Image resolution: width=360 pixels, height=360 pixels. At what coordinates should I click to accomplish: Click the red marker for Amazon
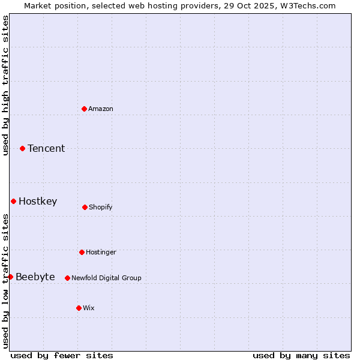(85, 109)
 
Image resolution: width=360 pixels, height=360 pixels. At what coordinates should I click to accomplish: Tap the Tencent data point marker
(23, 148)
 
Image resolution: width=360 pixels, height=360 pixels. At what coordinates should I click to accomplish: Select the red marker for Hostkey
(13, 201)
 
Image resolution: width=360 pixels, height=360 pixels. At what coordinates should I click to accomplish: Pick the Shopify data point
(85, 207)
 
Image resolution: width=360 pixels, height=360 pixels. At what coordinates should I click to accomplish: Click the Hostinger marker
(82, 252)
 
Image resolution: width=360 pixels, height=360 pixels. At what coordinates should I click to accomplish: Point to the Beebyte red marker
(10, 277)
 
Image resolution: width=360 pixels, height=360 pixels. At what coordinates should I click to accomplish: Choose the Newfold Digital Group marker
(67, 278)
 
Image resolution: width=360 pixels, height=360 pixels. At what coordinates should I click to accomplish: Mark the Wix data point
(79, 308)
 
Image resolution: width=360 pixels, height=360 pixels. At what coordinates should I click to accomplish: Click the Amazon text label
(101, 109)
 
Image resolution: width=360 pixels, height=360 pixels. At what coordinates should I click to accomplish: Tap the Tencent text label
(46, 149)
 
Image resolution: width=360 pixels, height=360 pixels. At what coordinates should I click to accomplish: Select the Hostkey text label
(38, 202)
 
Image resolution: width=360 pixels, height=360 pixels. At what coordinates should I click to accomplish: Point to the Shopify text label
(101, 207)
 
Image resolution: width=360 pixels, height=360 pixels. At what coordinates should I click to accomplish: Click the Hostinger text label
(101, 252)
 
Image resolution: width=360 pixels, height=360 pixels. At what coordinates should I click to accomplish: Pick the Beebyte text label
(35, 277)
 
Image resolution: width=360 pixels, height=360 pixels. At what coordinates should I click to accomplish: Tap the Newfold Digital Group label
(106, 278)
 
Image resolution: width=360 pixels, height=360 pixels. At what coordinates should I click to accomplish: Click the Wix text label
(89, 308)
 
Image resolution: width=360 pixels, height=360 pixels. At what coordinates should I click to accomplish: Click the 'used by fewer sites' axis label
(62, 355)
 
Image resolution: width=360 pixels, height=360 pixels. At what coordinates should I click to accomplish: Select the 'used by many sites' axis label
(301, 355)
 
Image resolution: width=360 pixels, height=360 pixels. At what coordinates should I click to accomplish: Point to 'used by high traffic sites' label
(5, 85)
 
